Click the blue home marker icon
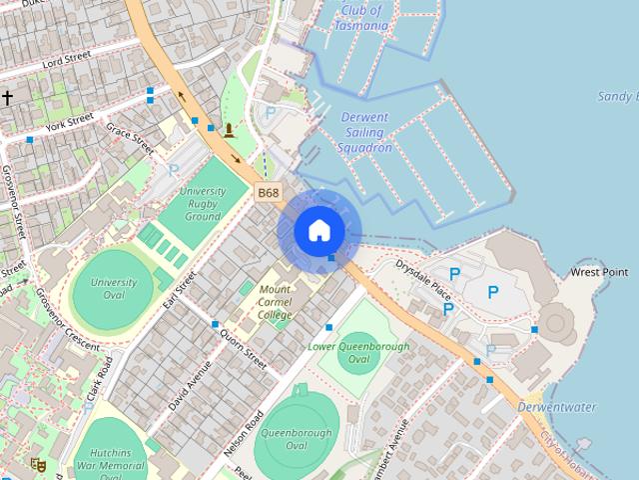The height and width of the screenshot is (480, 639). pyautogui.click(x=319, y=231)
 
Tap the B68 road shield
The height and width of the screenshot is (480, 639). pyautogui.click(x=268, y=192)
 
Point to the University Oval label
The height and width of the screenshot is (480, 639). pyautogui.click(x=114, y=289)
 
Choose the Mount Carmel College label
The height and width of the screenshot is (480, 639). pyautogui.click(x=276, y=302)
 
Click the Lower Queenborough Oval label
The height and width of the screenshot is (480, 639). pyautogui.click(x=358, y=352)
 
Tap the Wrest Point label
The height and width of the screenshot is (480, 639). pyautogui.click(x=599, y=272)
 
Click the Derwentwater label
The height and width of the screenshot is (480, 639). pyautogui.click(x=557, y=407)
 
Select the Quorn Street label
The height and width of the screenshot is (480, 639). pyautogui.click(x=244, y=345)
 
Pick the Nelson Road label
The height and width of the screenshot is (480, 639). pyautogui.click(x=244, y=432)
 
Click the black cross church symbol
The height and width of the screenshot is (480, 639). pyautogui.click(x=7, y=97)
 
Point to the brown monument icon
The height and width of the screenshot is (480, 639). pyautogui.click(x=231, y=130)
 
